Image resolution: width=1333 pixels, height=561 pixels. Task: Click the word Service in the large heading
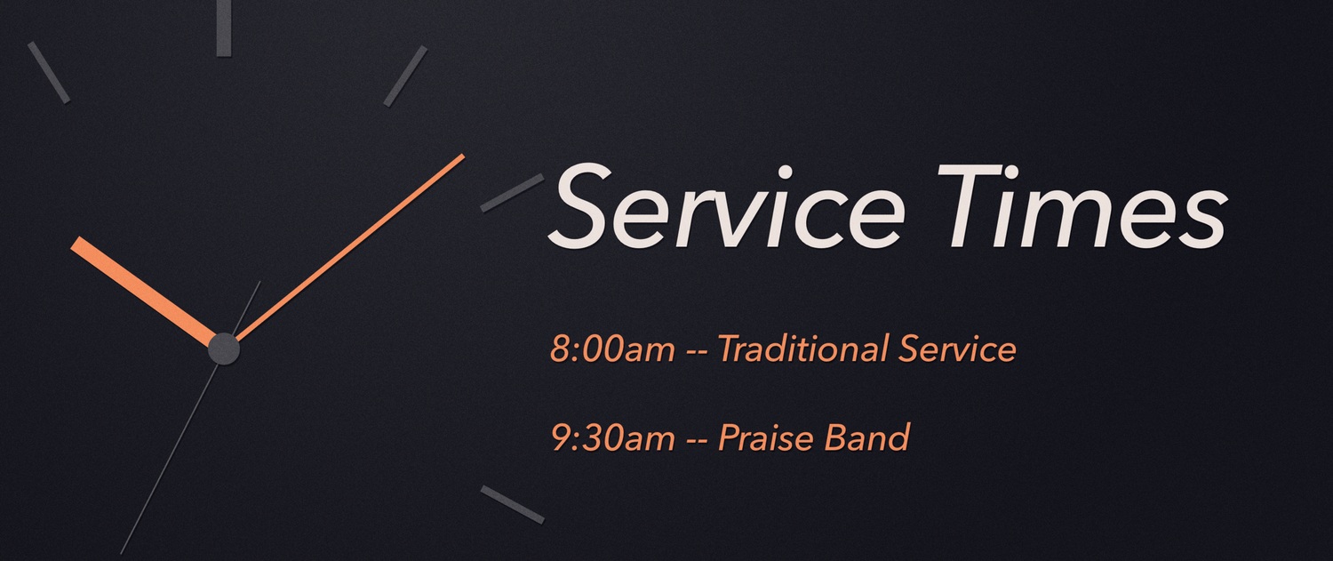click(x=726, y=205)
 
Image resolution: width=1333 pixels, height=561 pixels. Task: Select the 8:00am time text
click(x=612, y=349)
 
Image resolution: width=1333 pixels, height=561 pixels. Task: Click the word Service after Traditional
click(x=957, y=349)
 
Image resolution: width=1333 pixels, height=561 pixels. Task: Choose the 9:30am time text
click(x=612, y=437)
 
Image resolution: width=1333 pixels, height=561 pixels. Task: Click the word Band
click(x=867, y=437)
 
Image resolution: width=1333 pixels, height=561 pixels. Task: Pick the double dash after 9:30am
click(x=696, y=441)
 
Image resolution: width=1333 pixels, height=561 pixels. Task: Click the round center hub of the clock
click(x=224, y=349)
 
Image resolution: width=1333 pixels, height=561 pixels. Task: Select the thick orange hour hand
click(x=143, y=292)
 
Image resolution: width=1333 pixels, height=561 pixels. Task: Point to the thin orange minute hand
click(x=350, y=248)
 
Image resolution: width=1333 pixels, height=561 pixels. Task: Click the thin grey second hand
click(x=190, y=418)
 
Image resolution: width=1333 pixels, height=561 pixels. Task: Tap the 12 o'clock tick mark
click(x=224, y=28)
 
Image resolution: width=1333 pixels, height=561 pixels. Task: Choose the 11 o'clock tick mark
click(x=49, y=73)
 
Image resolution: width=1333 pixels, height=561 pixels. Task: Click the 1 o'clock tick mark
click(x=405, y=76)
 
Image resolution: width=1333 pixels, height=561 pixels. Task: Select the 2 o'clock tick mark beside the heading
click(x=513, y=193)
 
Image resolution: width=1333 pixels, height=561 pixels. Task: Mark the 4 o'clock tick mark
click(x=513, y=504)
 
